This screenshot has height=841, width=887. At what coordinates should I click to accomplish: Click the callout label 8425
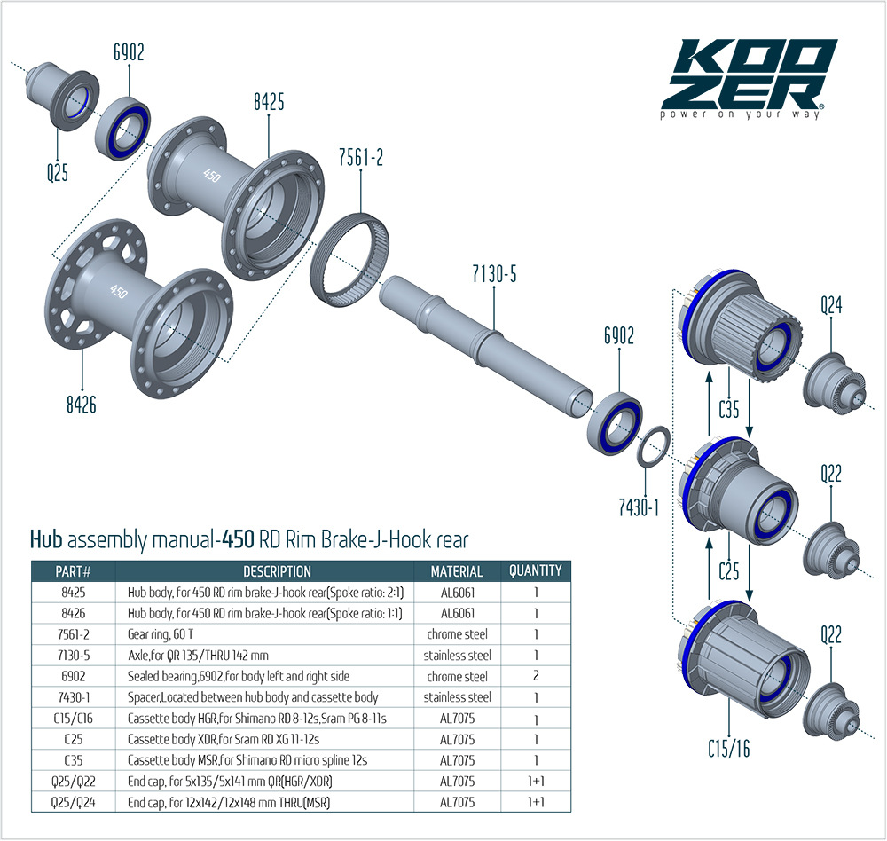click(268, 102)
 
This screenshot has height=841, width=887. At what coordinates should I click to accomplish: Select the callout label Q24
click(830, 306)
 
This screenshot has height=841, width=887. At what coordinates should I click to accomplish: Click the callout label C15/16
click(728, 748)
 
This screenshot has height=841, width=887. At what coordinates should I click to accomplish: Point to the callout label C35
click(728, 409)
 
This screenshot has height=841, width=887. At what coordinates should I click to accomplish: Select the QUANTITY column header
click(535, 571)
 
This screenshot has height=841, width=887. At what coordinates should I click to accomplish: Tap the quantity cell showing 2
click(535, 676)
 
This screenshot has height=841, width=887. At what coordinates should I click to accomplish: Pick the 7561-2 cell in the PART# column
click(74, 634)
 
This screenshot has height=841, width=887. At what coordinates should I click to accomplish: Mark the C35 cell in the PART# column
click(74, 760)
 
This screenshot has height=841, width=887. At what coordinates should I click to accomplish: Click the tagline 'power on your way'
click(742, 114)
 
